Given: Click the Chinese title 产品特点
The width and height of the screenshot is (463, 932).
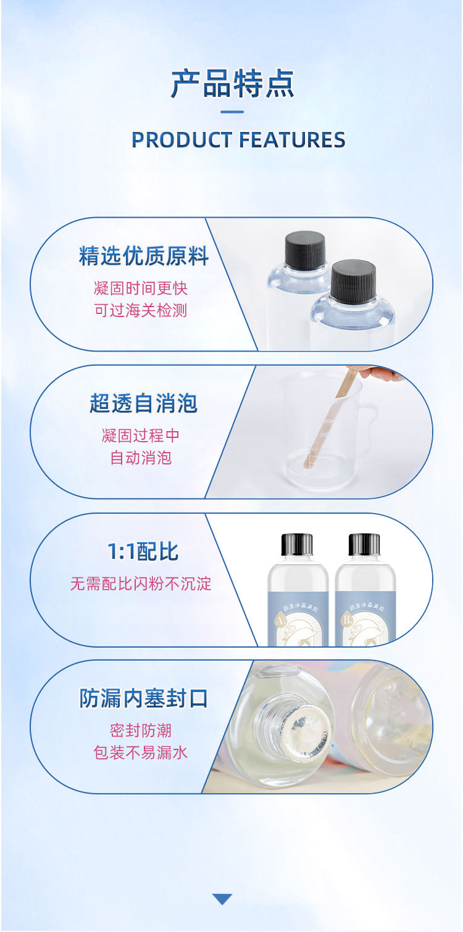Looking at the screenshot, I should pos(232,83).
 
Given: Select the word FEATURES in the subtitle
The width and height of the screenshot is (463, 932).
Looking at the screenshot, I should pos(292,140).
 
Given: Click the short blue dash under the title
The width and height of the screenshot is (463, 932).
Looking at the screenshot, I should pos(232,112).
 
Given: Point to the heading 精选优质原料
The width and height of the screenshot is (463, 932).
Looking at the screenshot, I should pos(143,257).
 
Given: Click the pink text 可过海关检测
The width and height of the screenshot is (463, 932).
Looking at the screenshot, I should pos(141,310).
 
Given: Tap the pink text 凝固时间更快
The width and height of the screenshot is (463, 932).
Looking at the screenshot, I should pos(141,288).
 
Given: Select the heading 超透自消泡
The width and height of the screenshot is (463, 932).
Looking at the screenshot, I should pos(143,404).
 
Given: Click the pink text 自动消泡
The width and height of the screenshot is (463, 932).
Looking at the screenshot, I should pos(141,458).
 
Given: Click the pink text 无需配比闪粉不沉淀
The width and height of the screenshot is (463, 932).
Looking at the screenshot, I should pos(141,584).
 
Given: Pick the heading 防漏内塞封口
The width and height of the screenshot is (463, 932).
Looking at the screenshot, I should pos(143,699).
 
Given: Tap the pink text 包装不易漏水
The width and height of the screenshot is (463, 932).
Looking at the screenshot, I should pos(141,753).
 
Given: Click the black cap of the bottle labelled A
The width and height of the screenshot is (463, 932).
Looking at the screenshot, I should pos(297,544).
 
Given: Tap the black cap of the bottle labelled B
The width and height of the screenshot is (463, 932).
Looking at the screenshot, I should pos(364,544).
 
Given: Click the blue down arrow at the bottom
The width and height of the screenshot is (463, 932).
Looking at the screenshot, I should pos(222,899).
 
